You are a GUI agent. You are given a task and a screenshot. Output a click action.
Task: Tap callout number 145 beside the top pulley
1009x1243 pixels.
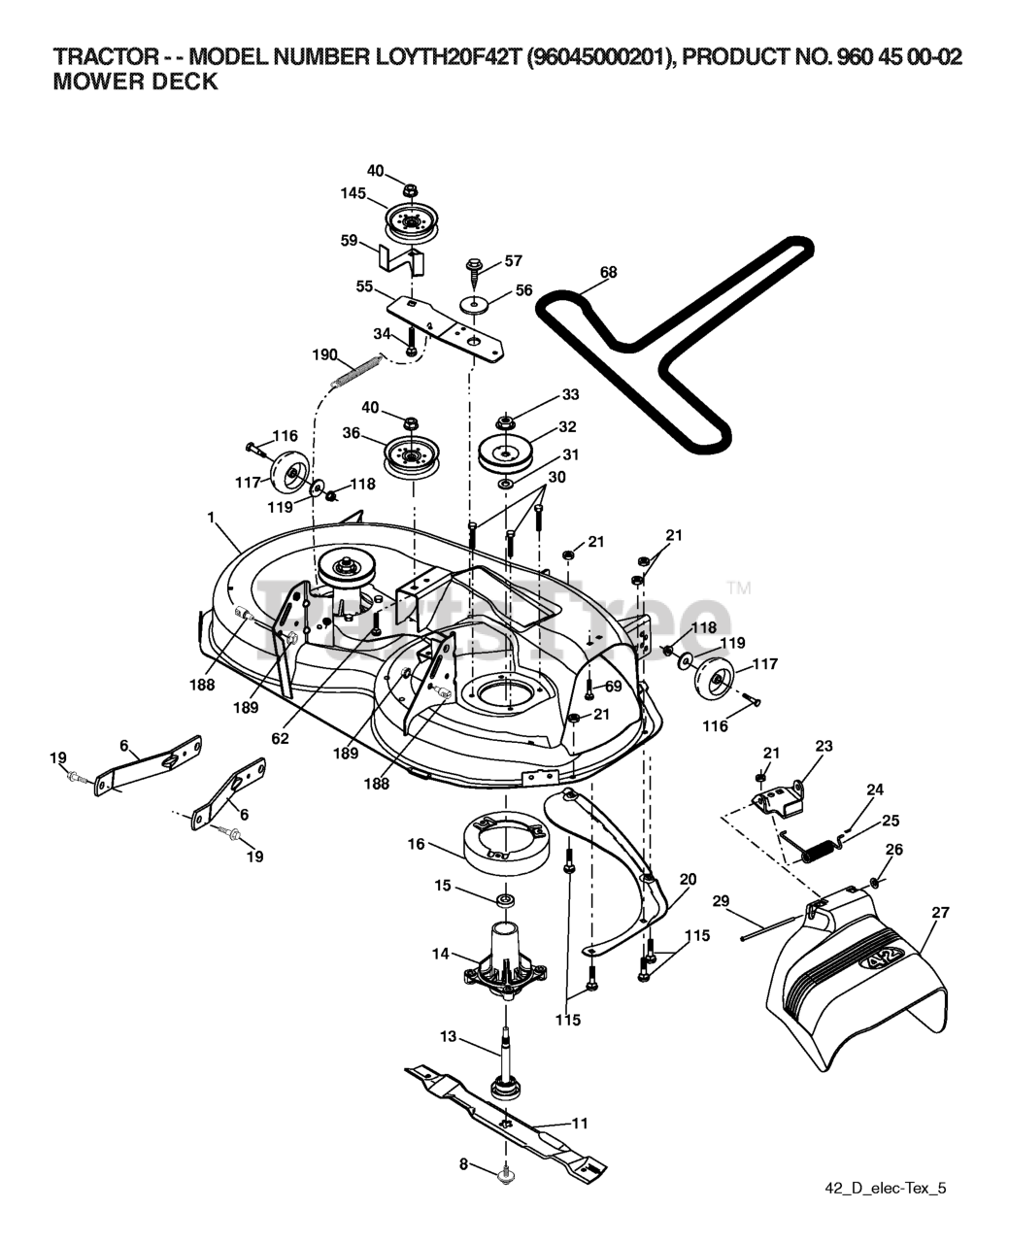click(x=353, y=193)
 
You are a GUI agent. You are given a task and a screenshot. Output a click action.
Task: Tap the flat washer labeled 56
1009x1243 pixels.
click(x=473, y=305)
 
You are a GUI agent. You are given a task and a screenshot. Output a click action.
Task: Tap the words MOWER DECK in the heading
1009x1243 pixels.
click(x=135, y=82)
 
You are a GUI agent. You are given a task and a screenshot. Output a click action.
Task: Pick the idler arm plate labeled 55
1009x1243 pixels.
click(x=447, y=330)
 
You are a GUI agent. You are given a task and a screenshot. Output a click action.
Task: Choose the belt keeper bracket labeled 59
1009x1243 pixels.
click(x=400, y=259)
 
